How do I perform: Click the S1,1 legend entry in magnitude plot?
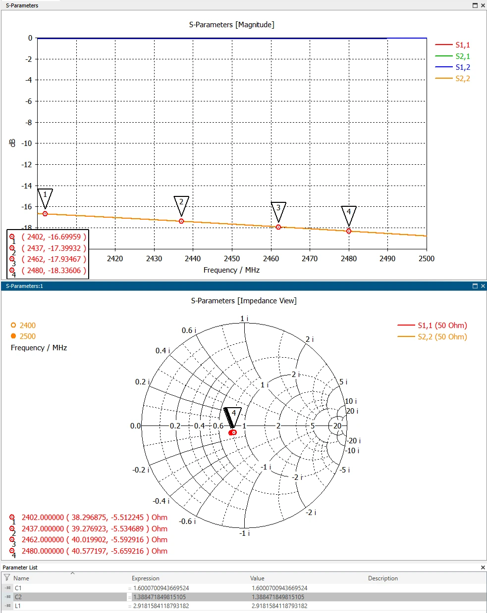pyautogui.click(x=452, y=45)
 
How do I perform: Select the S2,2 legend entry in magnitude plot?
pyautogui.click(x=452, y=78)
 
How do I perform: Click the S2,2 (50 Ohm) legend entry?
pyautogui.click(x=432, y=337)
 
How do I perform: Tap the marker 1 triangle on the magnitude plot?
pyautogui.click(x=45, y=198)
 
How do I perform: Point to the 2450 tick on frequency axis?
pyautogui.click(x=232, y=259)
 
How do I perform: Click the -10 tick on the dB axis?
pyautogui.click(x=27, y=143)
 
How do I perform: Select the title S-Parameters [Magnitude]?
pyautogui.click(x=232, y=25)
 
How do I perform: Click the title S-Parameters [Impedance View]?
pyautogui.click(x=244, y=301)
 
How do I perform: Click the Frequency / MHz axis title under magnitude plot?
pyautogui.click(x=231, y=270)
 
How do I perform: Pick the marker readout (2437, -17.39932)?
pyautogui.click(x=54, y=248)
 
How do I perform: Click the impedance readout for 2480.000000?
pyautogui.click(x=95, y=551)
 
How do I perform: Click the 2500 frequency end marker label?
pyautogui.click(x=27, y=336)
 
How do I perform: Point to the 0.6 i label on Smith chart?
pyautogui.click(x=189, y=330)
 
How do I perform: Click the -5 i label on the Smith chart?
pyautogui.click(x=345, y=470)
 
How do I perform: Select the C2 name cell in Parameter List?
pyautogui.click(x=18, y=597)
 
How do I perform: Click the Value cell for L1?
pyautogui.click(x=279, y=606)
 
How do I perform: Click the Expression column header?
pyautogui.click(x=146, y=578)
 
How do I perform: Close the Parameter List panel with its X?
pyautogui.click(x=483, y=567)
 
